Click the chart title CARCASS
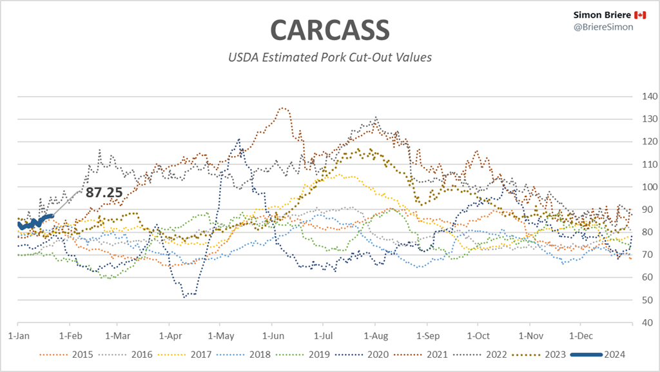pos(329,29)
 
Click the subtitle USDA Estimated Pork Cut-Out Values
pos(329,57)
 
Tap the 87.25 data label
pos(103,191)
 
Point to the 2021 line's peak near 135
pos(282,108)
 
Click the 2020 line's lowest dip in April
pos(185,297)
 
